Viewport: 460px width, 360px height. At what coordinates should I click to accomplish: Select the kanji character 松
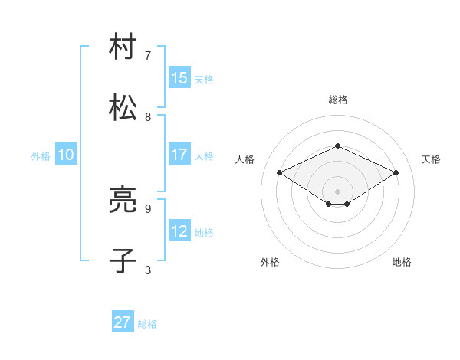click(x=123, y=108)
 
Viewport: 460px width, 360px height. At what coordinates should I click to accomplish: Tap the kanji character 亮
click(x=123, y=201)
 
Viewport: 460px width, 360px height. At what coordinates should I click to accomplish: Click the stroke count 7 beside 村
click(x=148, y=56)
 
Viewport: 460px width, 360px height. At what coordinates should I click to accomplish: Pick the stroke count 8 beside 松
click(x=148, y=117)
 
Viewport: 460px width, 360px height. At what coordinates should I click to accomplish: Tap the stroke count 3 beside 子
click(x=148, y=270)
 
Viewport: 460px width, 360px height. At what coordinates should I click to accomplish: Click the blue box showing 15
click(x=179, y=78)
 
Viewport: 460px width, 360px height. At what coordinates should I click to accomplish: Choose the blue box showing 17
click(x=179, y=155)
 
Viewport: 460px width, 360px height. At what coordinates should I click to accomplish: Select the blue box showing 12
click(x=179, y=231)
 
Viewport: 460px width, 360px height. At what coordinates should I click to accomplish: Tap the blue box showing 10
click(x=66, y=155)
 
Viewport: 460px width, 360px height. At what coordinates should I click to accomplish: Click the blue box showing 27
click(x=123, y=322)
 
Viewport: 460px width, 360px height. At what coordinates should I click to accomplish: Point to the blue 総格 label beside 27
click(x=147, y=324)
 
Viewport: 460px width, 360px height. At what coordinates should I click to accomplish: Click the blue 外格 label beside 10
click(x=41, y=156)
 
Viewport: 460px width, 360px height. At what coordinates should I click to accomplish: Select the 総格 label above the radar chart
click(x=337, y=100)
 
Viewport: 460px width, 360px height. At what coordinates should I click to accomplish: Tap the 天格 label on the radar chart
click(x=431, y=159)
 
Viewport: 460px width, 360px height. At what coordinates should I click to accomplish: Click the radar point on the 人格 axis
click(x=279, y=173)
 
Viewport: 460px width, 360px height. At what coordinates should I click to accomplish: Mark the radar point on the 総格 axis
click(x=337, y=146)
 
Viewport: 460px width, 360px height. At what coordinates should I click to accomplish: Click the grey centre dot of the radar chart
click(x=337, y=191)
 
